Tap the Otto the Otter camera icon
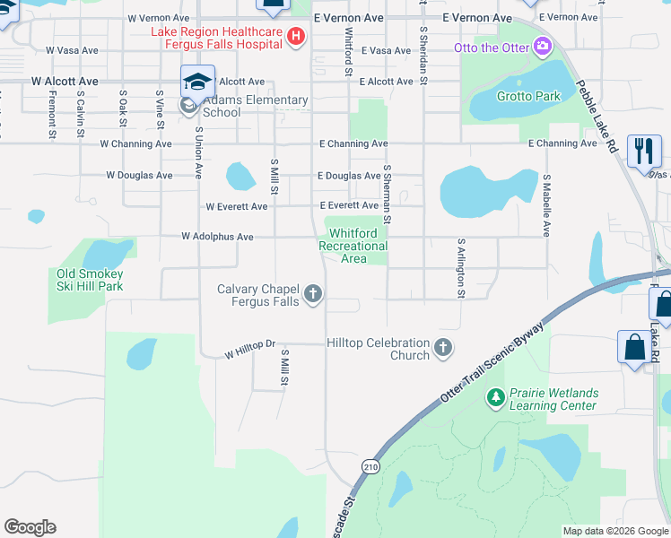pos(541,46)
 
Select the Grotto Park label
pos(530,96)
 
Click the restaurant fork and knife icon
pos(643,151)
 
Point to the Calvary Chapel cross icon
pos(313,294)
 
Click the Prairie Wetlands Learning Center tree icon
pos(495,395)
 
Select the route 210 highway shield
pos(370,465)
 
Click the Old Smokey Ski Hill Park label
pos(89,280)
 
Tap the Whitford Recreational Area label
pos(353,246)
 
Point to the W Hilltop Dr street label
pos(248,355)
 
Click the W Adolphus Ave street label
pos(217,237)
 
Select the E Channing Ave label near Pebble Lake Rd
pos(562,143)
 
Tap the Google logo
pos(30,527)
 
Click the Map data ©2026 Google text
pos(614,531)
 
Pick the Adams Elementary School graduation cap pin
pos(197,82)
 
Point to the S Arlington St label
pos(461,268)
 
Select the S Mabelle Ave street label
pos(545,205)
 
